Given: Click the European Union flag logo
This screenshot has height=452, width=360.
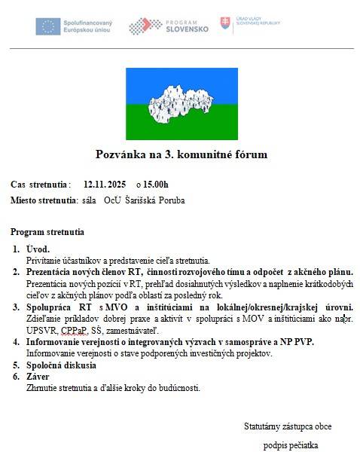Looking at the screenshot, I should (x=48, y=26).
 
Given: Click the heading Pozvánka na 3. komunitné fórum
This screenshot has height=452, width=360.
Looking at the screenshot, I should (x=181, y=154).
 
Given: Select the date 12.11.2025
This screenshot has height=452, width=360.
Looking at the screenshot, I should (x=105, y=184).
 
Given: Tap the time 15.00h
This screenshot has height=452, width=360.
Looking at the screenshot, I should (x=152, y=184).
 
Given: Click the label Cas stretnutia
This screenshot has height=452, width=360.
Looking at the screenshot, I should (x=41, y=184).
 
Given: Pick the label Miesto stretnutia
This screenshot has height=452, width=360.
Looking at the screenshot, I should (x=44, y=200).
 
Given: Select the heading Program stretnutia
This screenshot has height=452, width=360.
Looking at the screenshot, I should (x=47, y=232).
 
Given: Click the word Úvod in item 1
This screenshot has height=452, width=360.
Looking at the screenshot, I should (x=38, y=249).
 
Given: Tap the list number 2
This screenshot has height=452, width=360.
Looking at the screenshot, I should (x=16, y=270).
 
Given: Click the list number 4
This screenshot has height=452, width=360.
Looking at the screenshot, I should (x=16, y=342).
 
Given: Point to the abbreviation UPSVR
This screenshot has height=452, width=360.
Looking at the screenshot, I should (x=40, y=330).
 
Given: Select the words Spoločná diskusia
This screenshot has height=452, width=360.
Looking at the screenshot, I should (x=61, y=365).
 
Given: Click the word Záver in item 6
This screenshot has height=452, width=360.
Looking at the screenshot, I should (x=38, y=377).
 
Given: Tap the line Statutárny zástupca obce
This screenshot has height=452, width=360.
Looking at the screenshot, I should (x=288, y=426).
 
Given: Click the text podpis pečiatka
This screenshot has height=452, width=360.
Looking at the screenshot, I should (x=291, y=444).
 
